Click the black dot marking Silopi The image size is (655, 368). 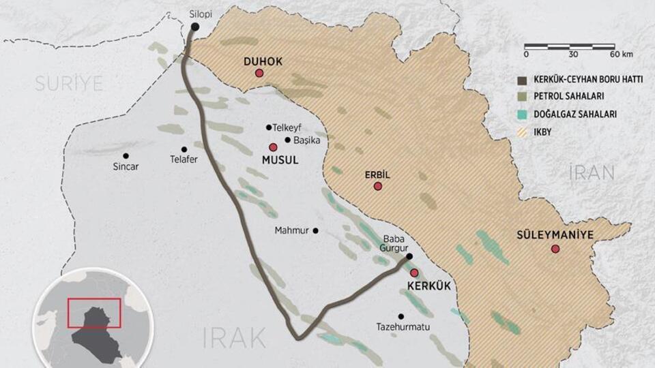coord(195,27)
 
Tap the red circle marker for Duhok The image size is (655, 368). coord(259,74)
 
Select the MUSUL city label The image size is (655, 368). coord(281,160)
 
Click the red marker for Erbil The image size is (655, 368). coord(377,186)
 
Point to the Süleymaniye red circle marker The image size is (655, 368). coord(555,249)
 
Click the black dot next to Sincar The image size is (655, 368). coord(126,155)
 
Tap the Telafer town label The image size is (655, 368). coord(184,161)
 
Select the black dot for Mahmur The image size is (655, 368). coord(315,230)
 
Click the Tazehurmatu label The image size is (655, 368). coord(403,327)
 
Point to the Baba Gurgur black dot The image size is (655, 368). coord(409,256)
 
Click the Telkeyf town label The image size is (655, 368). coord(287,127)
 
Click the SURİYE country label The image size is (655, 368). coord(69,84)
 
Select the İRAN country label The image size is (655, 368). coord(592,172)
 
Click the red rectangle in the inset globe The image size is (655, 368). coord(94,313)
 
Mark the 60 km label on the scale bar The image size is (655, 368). coord(621,54)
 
